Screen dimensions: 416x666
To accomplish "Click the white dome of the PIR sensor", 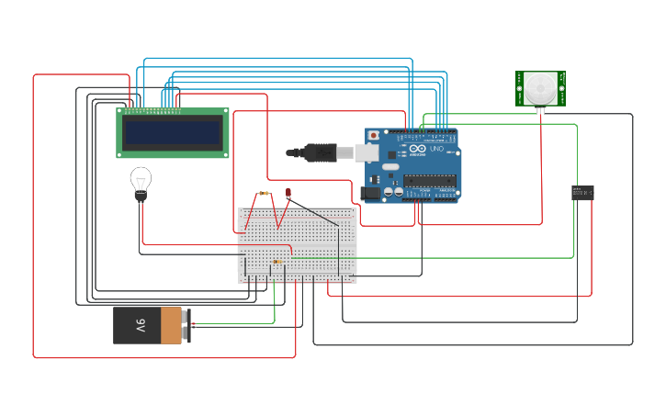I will pyautogui.click(x=539, y=89).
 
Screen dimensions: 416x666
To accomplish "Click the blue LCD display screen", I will pyautogui.click(x=173, y=133).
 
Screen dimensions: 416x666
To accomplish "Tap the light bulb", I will pyautogui.click(x=141, y=179).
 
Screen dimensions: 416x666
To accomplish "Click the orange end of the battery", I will pyautogui.click(x=171, y=325).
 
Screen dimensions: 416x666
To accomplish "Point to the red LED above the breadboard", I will pyautogui.click(x=288, y=193).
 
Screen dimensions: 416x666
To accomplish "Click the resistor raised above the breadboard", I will pyautogui.click(x=265, y=194).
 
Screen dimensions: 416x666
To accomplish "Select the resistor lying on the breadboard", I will pyautogui.click(x=277, y=262).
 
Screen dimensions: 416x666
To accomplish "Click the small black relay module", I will pyautogui.click(x=582, y=192).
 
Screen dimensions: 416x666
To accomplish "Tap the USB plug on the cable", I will pyautogui.click(x=322, y=152).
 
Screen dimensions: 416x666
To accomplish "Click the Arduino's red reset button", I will pyautogui.click(x=373, y=136).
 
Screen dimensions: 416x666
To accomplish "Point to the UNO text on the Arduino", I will pyautogui.click(x=437, y=149).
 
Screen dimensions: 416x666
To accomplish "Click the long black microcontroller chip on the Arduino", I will pyautogui.click(x=429, y=179).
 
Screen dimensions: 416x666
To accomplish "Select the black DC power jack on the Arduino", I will pyautogui.click(x=370, y=193).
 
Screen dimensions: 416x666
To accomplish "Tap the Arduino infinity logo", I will pyautogui.click(x=418, y=149).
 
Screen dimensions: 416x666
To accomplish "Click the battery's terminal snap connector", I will pyautogui.click(x=186, y=325).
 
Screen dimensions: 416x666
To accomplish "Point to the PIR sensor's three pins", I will pyautogui.click(x=539, y=110).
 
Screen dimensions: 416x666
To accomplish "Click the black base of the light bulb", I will pyautogui.click(x=141, y=195).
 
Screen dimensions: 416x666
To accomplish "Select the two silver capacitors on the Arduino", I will pyautogui.click(x=393, y=191).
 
